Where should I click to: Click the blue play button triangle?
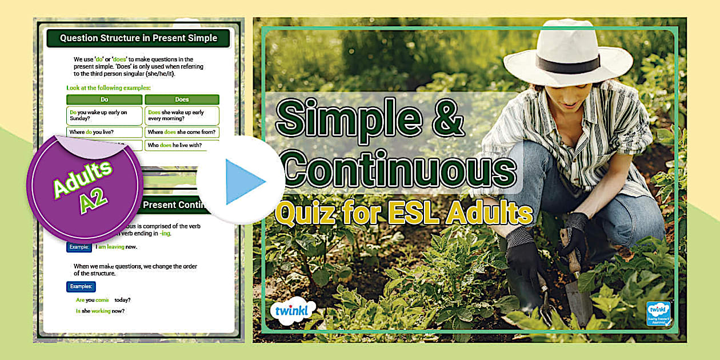tap(244, 182)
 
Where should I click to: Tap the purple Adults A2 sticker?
tap(85, 187)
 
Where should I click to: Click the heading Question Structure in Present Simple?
tap(138, 38)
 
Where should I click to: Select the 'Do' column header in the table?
tap(105, 99)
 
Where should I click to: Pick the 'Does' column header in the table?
tap(182, 99)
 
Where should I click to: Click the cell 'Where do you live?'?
tap(91, 132)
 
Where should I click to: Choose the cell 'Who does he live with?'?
tap(174, 145)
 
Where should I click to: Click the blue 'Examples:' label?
tap(81, 286)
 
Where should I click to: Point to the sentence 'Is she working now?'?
tap(100, 311)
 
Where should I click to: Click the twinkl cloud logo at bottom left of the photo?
tap(292, 312)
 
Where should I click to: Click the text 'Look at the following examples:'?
tap(109, 88)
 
